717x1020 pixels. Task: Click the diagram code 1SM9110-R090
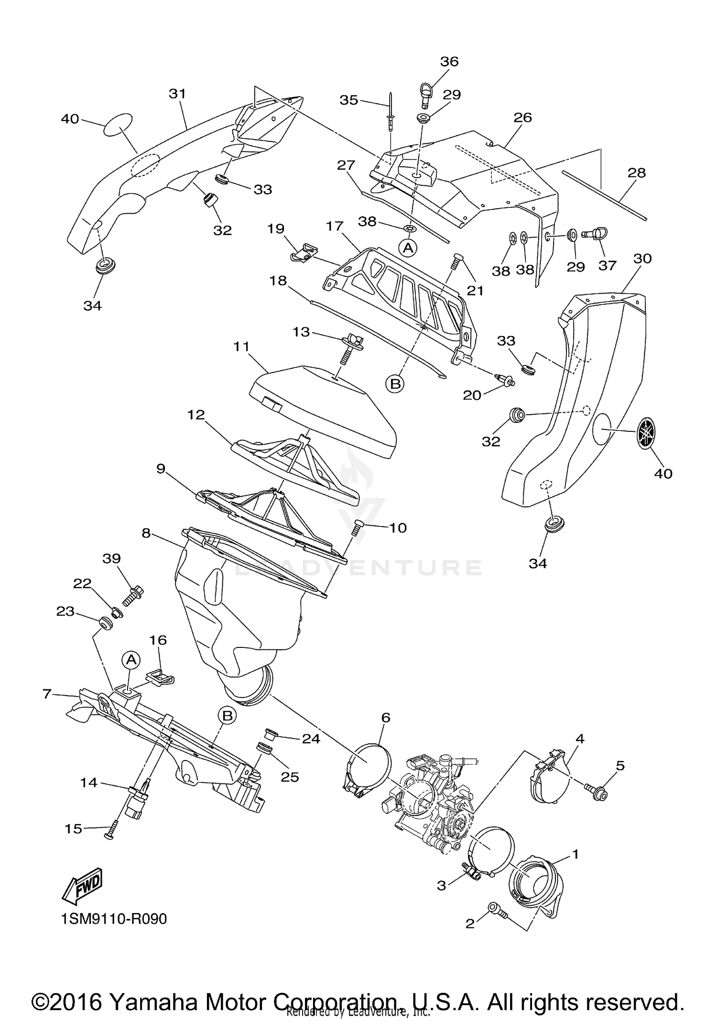(114, 919)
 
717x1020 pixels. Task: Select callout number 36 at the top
(449, 61)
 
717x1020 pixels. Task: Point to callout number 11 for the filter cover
(241, 346)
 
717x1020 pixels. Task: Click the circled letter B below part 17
(395, 384)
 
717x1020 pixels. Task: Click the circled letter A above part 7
(131, 660)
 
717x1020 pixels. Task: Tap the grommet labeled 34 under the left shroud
(103, 266)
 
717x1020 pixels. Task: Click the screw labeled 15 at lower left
(111, 833)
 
